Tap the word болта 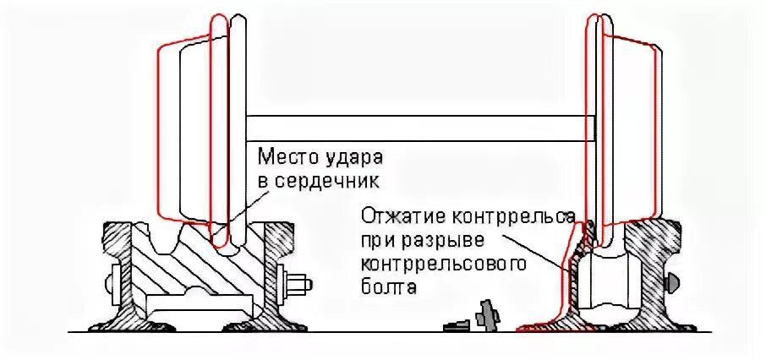(x=389, y=287)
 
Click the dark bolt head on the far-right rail (x=673, y=282)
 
